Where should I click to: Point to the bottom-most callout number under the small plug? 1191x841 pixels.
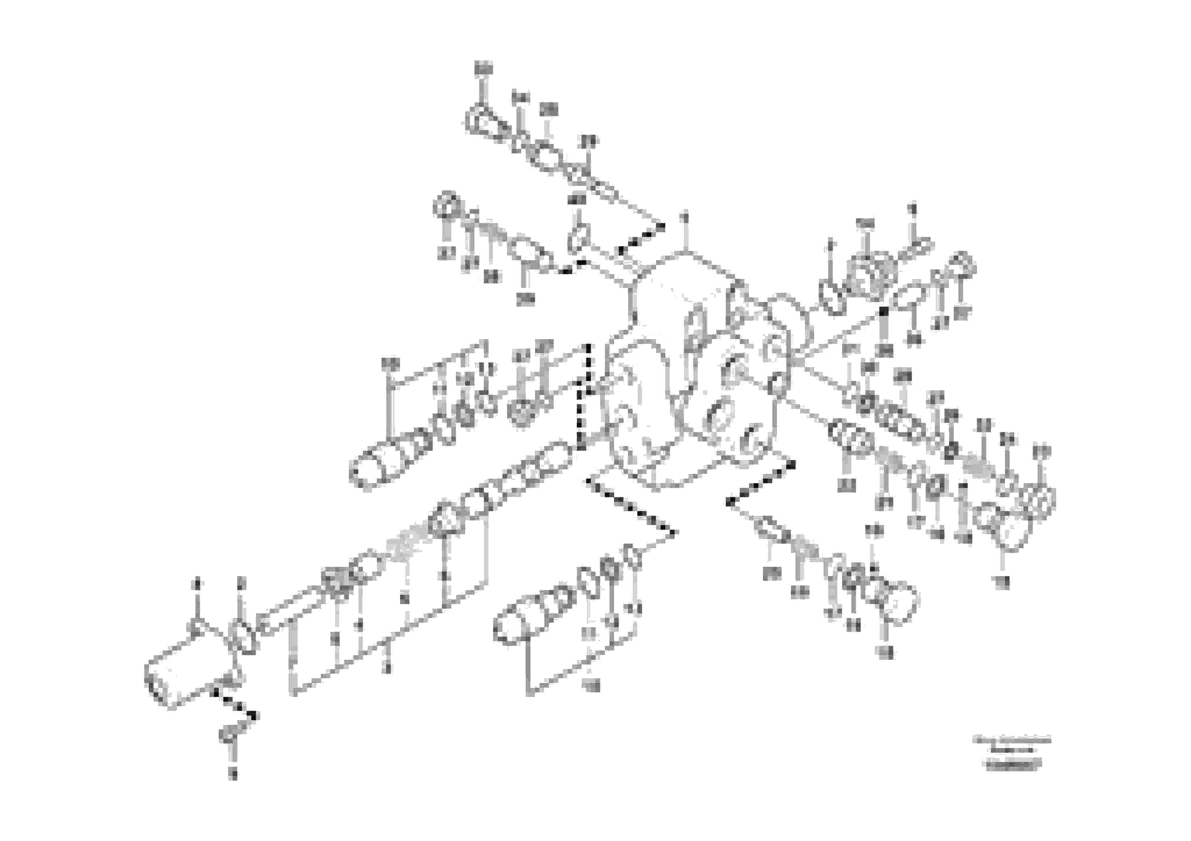[233, 775]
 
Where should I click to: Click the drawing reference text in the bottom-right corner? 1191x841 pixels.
[1011, 752]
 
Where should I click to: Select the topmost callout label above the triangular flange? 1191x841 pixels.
[483, 68]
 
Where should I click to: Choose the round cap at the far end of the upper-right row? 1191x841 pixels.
[962, 264]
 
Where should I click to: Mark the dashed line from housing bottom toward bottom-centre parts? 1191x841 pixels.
[630, 505]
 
